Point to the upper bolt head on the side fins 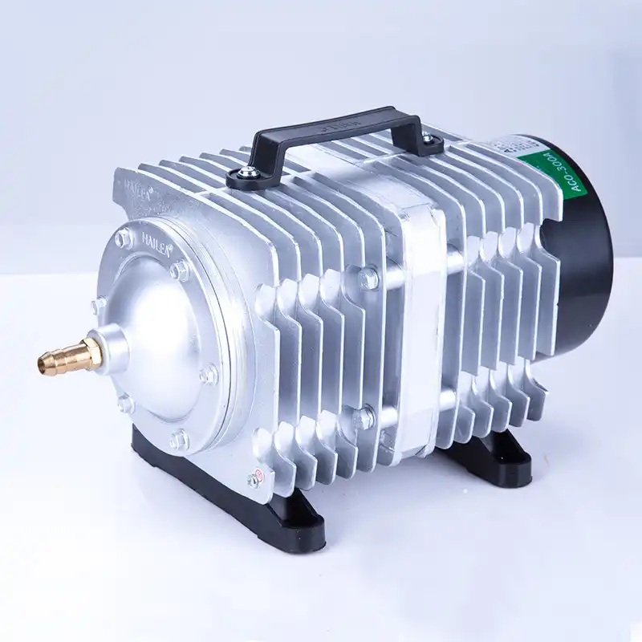[x=368, y=278]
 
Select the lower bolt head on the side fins [x=363, y=416]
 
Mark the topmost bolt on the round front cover [x=124, y=238]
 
